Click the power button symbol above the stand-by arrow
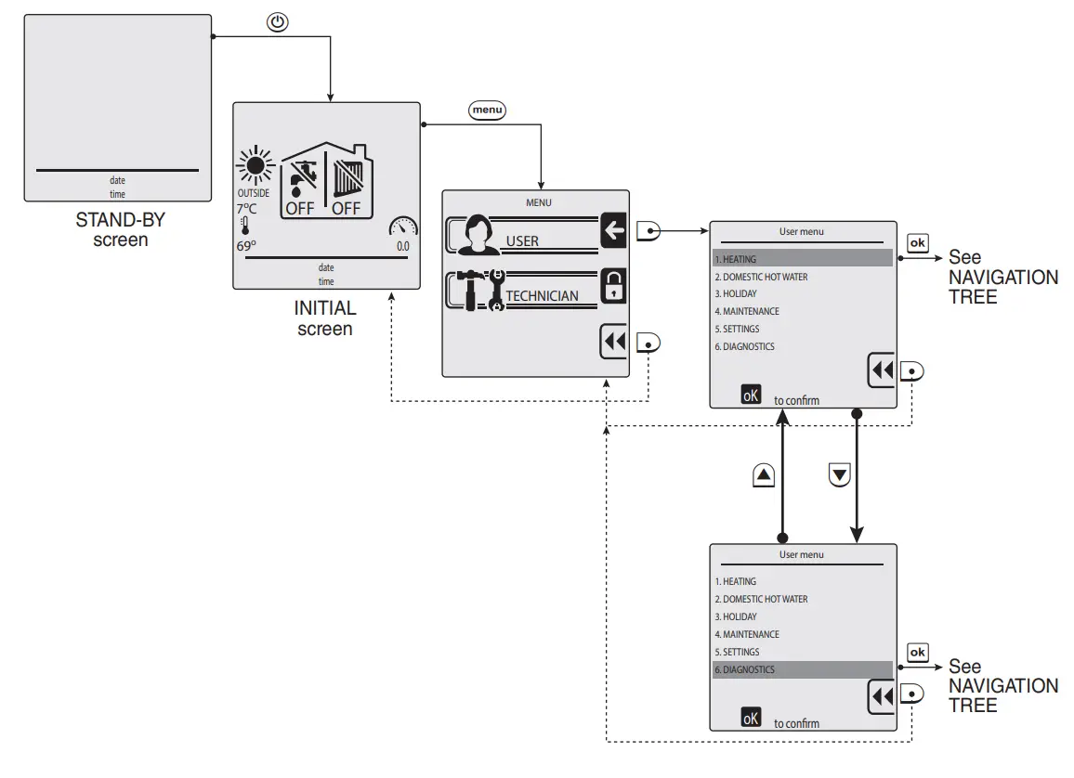click(278, 22)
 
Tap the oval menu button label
click(487, 110)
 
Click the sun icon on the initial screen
click(255, 165)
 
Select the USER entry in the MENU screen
click(522, 240)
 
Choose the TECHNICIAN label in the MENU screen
click(542, 295)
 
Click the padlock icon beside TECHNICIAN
click(613, 286)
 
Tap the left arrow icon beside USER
click(613, 230)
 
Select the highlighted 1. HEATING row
click(803, 259)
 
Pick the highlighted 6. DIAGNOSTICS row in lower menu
click(803, 669)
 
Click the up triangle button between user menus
click(764, 474)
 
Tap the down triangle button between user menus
click(839, 474)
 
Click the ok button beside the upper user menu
click(917, 243)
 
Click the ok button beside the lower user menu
click(917, 652)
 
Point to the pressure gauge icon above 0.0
click(403, 227)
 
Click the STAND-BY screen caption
click(121, 230)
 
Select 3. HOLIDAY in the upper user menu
click(736, 293)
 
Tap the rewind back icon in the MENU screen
click(614, 342)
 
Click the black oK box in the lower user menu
click(751, 717)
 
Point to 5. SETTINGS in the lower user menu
click(737, 652)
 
